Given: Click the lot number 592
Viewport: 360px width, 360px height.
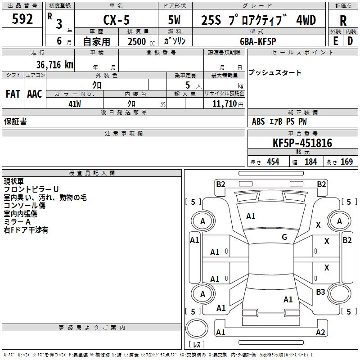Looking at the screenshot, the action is pyautogui.click(x=23, y=20).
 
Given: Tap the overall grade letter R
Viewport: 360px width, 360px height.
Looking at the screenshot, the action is pyautogui.click(x=343, y=21).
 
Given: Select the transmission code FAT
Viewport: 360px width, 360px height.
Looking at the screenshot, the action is pyautogui.click(x=13, y=94).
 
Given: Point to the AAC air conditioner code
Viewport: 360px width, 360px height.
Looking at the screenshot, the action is pyautogui.click(x=34, y=94).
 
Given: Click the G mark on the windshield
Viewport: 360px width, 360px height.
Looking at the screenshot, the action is pyautogui.click(x=284, y=237).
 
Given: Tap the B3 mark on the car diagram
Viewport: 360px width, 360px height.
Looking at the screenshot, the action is pyautogui.click(x=320, y=292).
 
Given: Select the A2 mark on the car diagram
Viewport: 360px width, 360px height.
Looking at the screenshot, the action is pyautogui.click(x=320, y=332).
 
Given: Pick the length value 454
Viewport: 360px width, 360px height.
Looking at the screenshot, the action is pyautogui.click(x=273, y=162).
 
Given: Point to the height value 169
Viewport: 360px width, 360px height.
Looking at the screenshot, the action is pyautogui.click(x=346, y=162).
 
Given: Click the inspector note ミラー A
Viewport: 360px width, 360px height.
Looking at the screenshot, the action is pyautogui.click(x=17, y=222).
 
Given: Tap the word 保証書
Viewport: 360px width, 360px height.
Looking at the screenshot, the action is pyautogui.click(x=15, y=121).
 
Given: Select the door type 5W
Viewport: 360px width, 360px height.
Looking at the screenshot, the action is pyautogui.click(x=175, y=20).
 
